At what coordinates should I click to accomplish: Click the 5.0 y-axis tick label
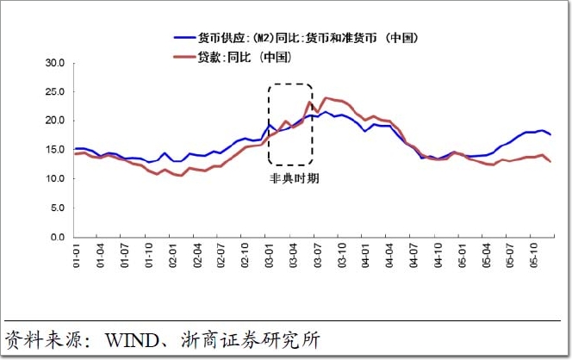coord(58,208)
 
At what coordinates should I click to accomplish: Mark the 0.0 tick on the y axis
coord(58,237)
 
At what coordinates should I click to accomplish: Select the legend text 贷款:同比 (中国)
coord(246,57)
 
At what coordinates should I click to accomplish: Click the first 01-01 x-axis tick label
coord(75,255)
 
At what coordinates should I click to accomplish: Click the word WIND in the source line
coord(127,339)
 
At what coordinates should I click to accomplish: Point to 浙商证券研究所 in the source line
coord(258,339)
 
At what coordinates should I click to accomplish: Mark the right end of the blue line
coord(550,134)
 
